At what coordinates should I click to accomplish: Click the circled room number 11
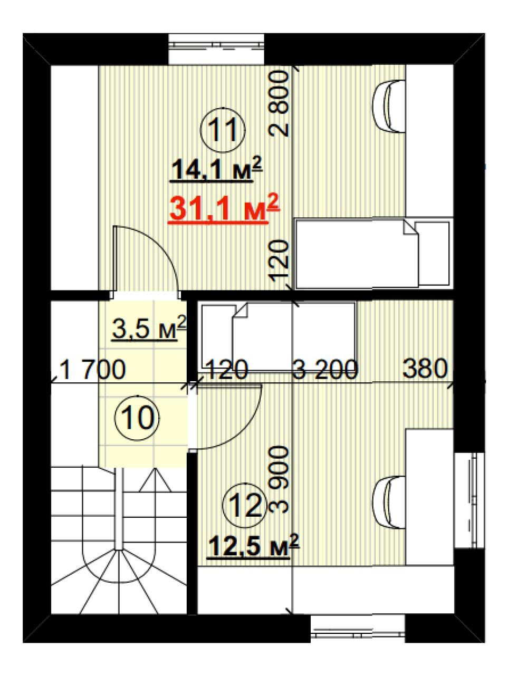(x=223, y=130)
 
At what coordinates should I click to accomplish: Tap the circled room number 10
(x=137, y=418)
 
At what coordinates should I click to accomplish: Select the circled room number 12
(x=245, y=505)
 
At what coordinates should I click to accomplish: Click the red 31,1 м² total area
(x=224, y=208)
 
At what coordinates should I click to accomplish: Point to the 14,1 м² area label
(x=216, y=169)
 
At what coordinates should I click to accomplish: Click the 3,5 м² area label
(x=149, y=328)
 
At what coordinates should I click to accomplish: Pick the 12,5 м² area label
(x=253, y=546)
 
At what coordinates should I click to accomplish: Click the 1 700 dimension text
(x=92, y=370)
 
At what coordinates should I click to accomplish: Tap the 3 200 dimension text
(x=325, y=370)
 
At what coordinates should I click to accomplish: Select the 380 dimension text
(x=425, y=369)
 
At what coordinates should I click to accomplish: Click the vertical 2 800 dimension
(x=279, y=103)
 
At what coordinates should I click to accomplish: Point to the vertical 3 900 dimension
(x=279, y=479)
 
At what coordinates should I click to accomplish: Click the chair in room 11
(x=389, y=107)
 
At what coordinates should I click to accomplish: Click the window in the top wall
(x=216, y=49)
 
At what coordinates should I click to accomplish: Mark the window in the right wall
(x=469, y=500)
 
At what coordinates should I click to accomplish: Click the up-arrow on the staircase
(x=155, y=479)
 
